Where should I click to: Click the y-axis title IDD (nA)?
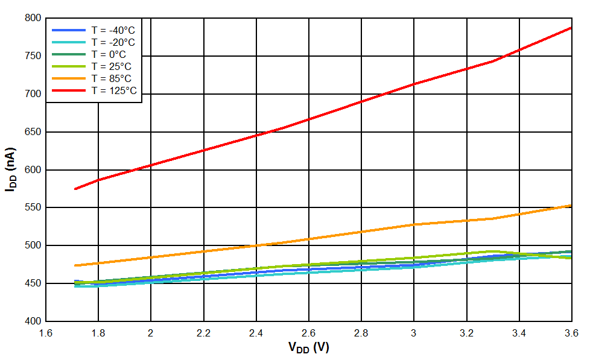(10, 169)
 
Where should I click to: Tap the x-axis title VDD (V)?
(309, 348)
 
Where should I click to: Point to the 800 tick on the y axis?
(33, 18)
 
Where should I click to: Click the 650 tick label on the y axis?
(33, 131)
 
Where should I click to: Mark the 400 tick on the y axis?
(33, 321)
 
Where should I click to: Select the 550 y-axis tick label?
(33, 207)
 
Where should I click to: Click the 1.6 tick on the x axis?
(46, 332)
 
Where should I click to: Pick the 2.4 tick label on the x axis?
(256, 332)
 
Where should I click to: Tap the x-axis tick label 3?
(414, 332)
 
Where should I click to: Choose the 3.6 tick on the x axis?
(571, 332)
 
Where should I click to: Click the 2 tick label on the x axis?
(151, 332)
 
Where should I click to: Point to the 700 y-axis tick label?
(33, 94)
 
